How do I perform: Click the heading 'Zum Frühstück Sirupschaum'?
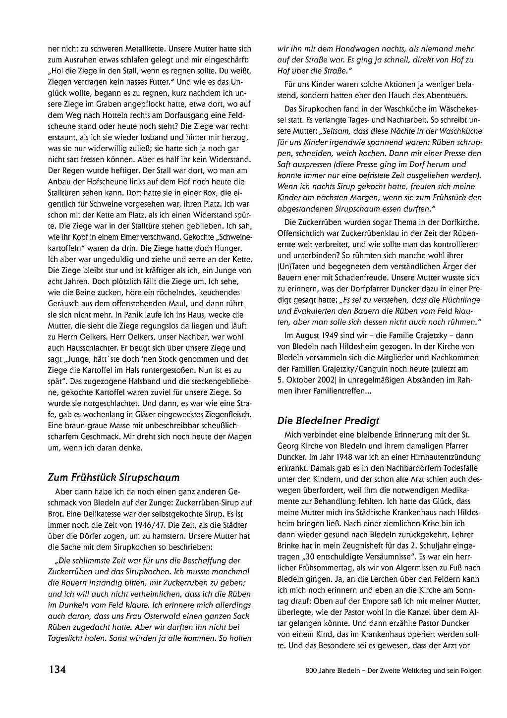[x=113, y=477]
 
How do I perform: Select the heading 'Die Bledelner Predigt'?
[x=328, y=420]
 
